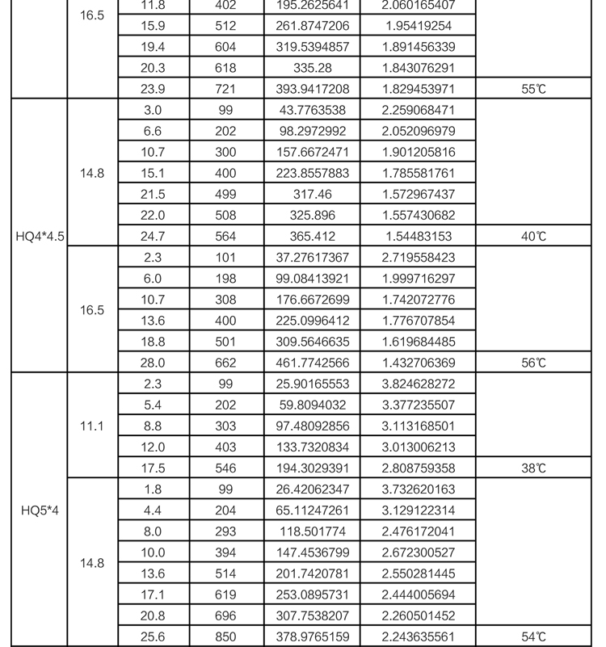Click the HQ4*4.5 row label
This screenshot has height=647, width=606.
(40, 237)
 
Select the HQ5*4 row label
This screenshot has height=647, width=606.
(40, 510)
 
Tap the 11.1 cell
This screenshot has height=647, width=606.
(92, 426)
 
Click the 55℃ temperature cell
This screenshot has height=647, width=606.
(533, 90)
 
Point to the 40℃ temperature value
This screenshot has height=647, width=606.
(533, 237)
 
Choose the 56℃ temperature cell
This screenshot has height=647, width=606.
(533, 363)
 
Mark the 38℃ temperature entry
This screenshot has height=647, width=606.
(533, 468)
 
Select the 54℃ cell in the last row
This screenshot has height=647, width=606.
(533, 637)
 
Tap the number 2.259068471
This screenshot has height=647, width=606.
(419, 111)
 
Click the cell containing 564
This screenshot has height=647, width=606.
(225, 237)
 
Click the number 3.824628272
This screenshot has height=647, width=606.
(419, 384)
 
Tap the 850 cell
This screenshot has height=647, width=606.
(225, 637)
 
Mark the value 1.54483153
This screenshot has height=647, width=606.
(419, 237)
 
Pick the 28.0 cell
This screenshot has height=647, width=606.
(153, 363)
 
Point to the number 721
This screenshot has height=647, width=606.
(225, 90)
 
